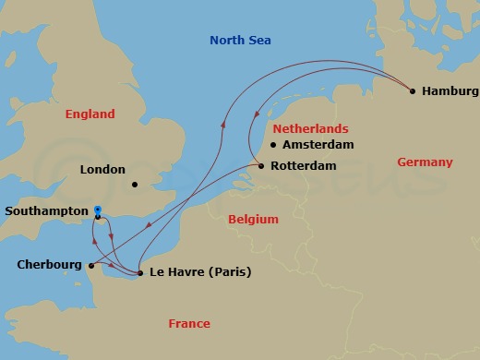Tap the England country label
[90, 114]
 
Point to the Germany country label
[425, 162]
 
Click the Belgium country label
[253, 220]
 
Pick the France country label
[188, 324]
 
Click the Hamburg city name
[450, 91]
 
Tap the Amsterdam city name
[318, 146]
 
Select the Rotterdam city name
[303, 167]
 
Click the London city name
[102, 170]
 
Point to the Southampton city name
[45, 211]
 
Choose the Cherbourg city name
[50, 265]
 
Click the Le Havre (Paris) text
[199, 272]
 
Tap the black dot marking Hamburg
[412, 90]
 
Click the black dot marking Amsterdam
[273, 145]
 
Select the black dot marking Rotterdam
[261, 166]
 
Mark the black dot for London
[135, 184]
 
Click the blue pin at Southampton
[98, 212]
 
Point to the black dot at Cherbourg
[92, 266]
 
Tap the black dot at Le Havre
[139, 273]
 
